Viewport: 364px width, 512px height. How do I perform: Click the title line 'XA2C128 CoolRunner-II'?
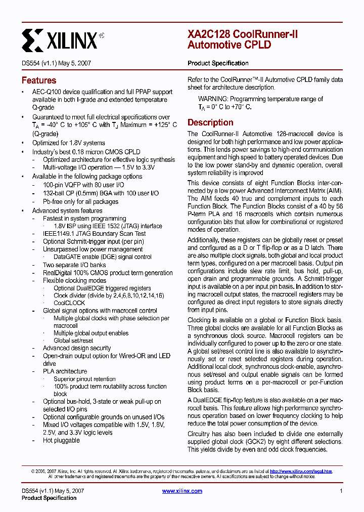click(x=243, y=34)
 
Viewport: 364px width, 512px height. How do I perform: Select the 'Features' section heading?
click(x=39, y=80)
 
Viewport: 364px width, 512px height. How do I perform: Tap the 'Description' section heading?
click(x=210, y=122)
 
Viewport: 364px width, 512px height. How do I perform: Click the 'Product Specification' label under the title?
click(x=218, y=63)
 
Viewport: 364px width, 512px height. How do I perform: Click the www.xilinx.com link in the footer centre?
click(x=183, y=491)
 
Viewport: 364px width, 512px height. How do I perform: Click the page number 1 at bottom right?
click(x=341, y=491)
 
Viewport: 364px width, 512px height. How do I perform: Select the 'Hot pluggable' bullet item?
click(x=61, y=440)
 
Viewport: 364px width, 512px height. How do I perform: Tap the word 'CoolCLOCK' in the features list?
click(x=69, y=303)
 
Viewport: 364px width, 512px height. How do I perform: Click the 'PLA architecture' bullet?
click(x=65, y=371)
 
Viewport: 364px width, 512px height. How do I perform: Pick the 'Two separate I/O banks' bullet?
click(x=74, y=265)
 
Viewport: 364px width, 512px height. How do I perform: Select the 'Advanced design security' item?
click(x=77, y=348)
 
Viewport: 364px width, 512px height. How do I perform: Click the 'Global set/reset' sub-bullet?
click(x=73, y=340)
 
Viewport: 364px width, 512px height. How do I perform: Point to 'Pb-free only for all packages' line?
click(x=80, y=201)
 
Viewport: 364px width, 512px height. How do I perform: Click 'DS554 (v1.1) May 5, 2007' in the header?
click(x=56, y=64)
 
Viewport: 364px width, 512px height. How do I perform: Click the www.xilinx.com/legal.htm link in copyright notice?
click(x=301, y=471)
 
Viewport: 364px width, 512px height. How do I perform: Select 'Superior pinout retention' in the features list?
click(x=84, y=379)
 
